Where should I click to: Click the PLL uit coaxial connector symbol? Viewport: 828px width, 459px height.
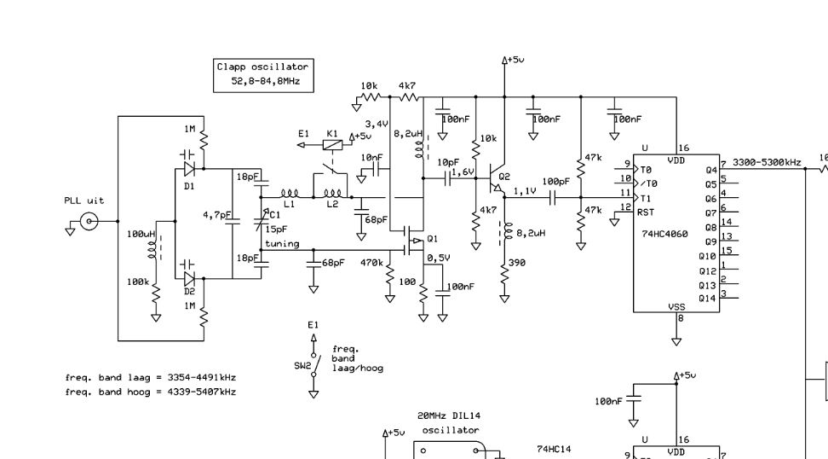coord(89,221)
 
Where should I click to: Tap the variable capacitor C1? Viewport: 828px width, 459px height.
coord(261,222)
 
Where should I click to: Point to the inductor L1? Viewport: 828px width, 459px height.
coord(290,194)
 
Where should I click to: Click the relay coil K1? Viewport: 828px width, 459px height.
coord(332,144)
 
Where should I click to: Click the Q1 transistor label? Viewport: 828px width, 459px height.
coord(433,239)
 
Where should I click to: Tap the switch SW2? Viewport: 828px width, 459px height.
coord(315,364)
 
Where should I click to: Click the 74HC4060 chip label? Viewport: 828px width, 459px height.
coord(664,234)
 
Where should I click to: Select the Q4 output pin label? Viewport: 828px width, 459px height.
coord(711,171)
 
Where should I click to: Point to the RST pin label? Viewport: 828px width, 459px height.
coord(646,212)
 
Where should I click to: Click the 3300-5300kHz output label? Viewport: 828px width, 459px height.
coord(767,162)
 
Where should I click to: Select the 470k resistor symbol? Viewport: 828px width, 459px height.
coord(389,276)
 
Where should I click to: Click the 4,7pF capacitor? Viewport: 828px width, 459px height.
coord(233,221)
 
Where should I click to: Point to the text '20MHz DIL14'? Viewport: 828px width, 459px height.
coord(449,415)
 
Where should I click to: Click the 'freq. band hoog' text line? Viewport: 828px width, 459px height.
coord(151,392)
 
